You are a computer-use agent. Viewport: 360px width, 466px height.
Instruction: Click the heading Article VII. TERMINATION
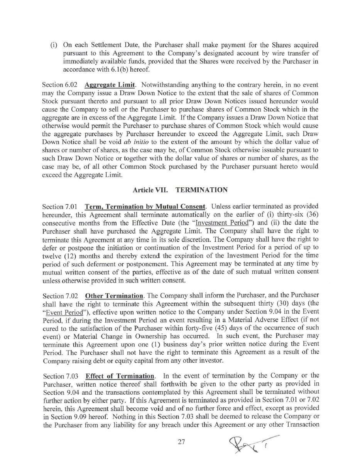point(180,190)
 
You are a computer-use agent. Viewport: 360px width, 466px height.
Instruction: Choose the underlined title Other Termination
point(114,296)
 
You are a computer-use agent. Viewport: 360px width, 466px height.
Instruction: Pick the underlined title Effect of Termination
point(120,376)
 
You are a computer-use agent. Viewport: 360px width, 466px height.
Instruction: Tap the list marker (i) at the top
point(54,45)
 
